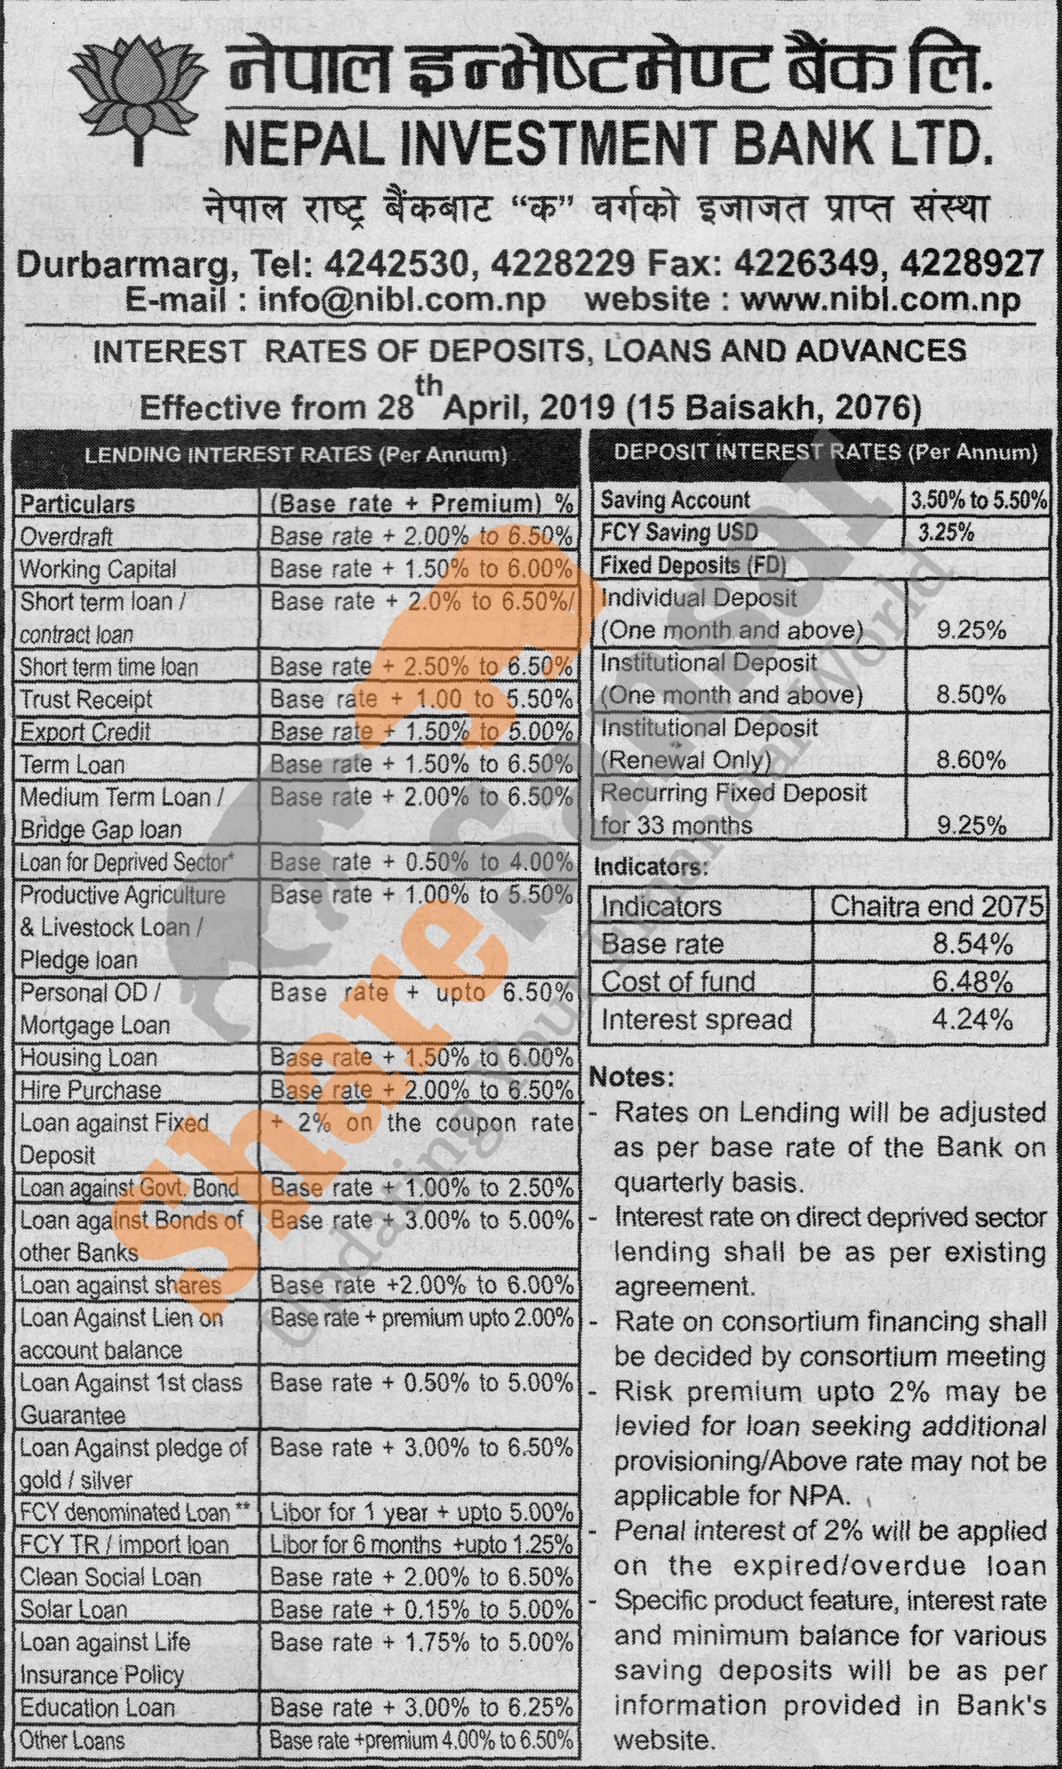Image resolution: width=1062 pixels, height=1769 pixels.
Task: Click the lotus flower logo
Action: [138, 90]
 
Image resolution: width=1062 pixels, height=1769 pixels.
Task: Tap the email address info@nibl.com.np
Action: [401, 300]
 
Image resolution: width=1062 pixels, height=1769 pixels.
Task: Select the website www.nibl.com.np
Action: [880, 300]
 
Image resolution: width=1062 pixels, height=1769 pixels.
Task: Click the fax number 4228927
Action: [970, 264]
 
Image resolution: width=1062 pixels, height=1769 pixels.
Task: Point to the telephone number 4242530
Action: [397, 264]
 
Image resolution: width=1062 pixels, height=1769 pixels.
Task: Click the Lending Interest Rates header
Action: [295, 454]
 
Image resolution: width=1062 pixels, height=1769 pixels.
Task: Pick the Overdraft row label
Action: [66, 536]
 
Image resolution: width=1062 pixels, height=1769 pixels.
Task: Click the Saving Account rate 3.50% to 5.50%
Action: [978, 500]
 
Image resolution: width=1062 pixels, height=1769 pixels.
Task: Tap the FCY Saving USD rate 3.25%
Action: [946, 533]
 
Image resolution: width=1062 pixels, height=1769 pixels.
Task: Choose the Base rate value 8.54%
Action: [973, 944]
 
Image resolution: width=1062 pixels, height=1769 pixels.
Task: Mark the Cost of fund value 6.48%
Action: [973, 982]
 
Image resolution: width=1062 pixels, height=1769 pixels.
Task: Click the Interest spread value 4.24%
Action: [973, 1020]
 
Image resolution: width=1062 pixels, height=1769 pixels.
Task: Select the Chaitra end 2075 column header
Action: [936, 906]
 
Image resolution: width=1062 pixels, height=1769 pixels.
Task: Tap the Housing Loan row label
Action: [88, 1058]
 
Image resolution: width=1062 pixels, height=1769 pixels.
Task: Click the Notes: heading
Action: [631, 1076]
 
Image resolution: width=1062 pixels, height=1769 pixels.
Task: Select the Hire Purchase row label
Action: [90, 1090]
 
